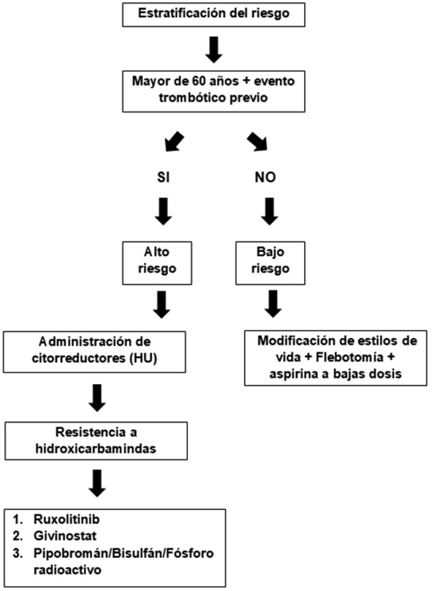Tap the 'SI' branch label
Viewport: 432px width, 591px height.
163,178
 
